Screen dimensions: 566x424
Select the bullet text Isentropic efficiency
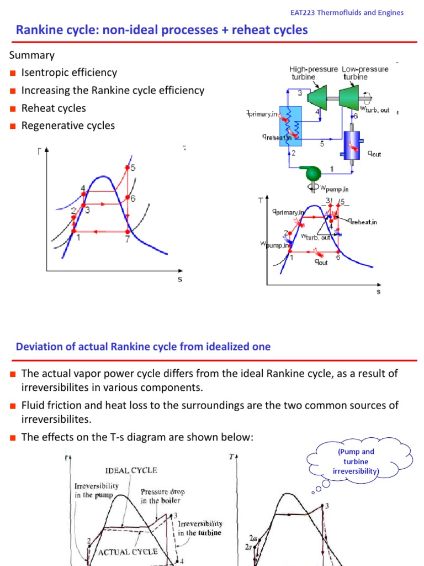pos(69,72)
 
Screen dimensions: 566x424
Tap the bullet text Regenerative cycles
pos(68,125)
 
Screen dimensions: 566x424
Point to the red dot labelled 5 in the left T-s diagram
pos(128,167)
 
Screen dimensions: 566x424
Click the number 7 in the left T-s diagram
pos(127,239)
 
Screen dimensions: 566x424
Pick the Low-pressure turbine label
pos(365,73)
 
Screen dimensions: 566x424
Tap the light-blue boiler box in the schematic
pos(291,125)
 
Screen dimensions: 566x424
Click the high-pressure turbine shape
pos(319,99)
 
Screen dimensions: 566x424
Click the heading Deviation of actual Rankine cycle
pos(144,347)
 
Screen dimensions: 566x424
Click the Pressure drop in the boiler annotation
pos(161,496)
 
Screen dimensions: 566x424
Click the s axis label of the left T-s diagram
pos(179,279)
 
